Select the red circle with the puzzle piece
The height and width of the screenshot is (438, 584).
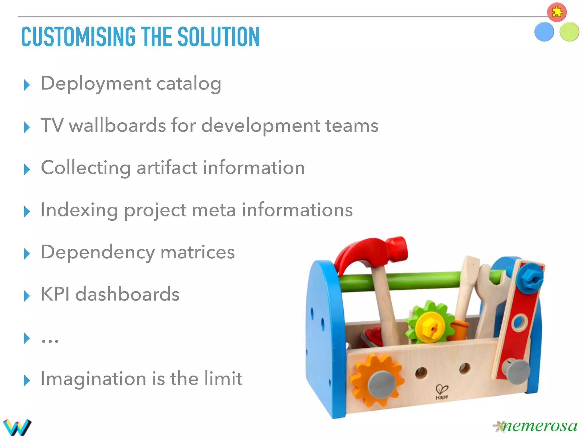click(557, 12)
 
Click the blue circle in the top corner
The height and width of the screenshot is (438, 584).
click(544, 32)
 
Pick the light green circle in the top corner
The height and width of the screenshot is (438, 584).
click(569, 32)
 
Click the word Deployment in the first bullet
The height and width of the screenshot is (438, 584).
click(96, 84)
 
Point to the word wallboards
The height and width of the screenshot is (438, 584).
click(117, 125)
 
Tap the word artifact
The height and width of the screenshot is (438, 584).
click(167, 168)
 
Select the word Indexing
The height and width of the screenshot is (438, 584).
click(79, 210)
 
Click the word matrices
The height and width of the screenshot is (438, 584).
click(198, 252)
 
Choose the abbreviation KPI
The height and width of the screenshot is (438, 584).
click(55, 294)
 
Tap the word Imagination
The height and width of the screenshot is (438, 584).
click(93, 379)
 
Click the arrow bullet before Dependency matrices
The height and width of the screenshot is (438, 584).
click(27, 254)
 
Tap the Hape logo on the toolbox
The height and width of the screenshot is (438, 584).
click(442, 392)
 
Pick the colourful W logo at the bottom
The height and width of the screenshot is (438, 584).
click(17, 427)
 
